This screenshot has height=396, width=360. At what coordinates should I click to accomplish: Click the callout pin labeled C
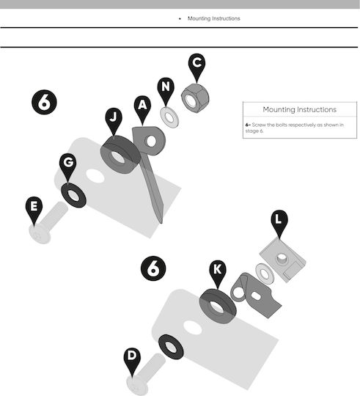point(196,65)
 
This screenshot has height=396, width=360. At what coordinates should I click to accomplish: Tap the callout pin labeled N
point(166,89)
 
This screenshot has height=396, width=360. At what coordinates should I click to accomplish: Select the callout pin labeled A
point(142,107)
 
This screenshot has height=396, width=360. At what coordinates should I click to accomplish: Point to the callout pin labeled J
point(114,120)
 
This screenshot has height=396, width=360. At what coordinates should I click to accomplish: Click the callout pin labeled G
point(68,165)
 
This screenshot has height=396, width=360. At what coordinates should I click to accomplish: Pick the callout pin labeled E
point(34,208)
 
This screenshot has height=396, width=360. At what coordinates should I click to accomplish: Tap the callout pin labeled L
point(279,221)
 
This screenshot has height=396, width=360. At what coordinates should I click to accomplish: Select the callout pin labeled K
point(218,272)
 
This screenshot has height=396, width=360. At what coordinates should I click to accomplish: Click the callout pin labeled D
point(132,359)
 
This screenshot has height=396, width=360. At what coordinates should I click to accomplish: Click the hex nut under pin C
point(195,98)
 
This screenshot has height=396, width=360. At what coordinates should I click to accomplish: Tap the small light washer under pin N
point(169,117)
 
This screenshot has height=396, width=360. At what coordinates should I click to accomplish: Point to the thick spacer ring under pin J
point(120,155)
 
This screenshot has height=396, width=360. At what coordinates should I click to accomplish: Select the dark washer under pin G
point(73,195)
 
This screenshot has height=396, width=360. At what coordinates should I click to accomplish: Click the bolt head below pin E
point(40,235)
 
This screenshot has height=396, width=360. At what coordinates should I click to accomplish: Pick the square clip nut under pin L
point(283,260)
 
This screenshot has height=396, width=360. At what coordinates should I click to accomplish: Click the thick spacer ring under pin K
point(218,307)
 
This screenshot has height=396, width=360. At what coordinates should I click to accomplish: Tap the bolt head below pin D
point(137,386)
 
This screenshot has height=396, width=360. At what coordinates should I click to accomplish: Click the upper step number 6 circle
point(44,102)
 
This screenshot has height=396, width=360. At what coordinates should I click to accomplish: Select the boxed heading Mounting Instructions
point(300,109)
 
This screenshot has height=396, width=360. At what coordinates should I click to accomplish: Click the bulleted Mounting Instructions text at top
point(214,18)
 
